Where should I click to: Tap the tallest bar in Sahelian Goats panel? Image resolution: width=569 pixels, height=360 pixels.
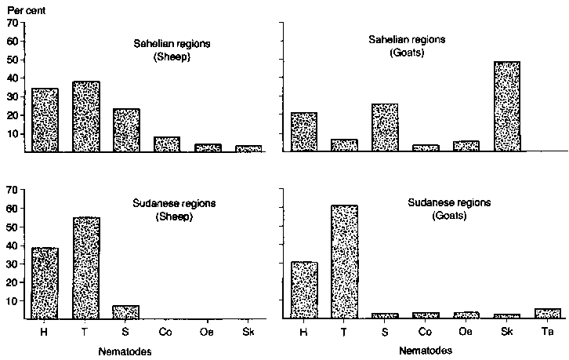pos(506,106)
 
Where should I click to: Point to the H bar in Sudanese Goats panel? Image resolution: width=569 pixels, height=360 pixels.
pos(304,289)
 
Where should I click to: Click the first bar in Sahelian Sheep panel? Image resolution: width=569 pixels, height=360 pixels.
pos(45,120)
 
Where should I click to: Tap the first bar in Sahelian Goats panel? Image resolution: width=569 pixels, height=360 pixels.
pos(304,132)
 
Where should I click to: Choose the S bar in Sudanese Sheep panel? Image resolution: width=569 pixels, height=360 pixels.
pos(126,311)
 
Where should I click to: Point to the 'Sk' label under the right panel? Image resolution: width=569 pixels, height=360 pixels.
pos(506,332)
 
